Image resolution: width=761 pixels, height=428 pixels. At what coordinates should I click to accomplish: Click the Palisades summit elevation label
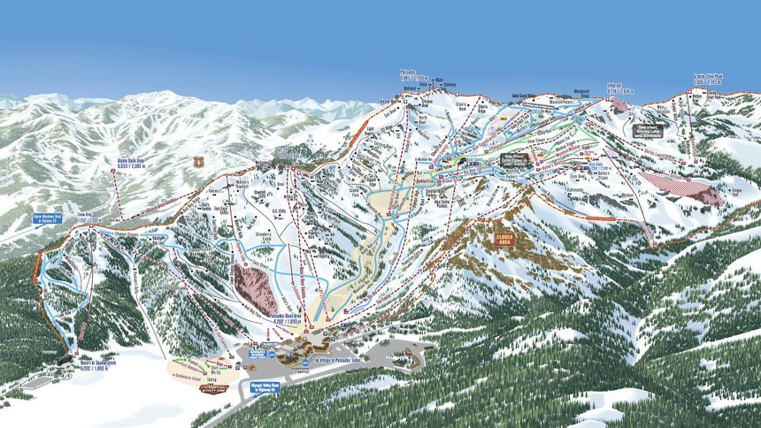pyautogui.click(x=407, y=75)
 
